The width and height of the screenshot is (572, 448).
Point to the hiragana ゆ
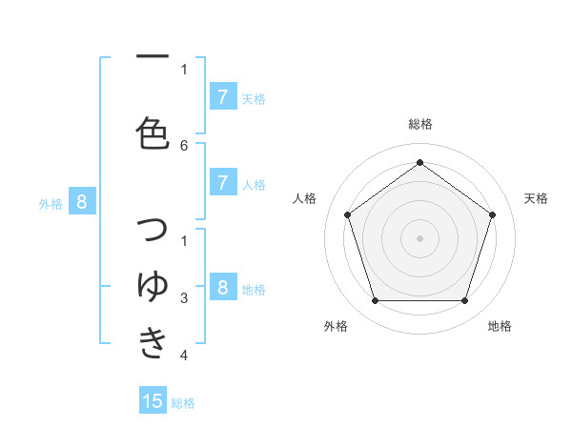pos(153,286)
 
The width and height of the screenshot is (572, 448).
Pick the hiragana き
pos(153,342)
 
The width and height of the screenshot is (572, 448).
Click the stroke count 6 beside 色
pos(184,145)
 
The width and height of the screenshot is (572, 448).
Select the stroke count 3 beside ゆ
pos(184,298)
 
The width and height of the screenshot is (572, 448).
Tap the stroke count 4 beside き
pos(184,356)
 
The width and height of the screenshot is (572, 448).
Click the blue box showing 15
pos(153,401)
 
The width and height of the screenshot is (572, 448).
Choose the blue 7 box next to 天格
pos(222,96)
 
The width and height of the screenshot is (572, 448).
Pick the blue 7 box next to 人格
pos(222,183)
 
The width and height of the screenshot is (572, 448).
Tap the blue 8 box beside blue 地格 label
pos(222,288)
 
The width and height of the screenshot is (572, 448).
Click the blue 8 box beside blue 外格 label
pos(82,201)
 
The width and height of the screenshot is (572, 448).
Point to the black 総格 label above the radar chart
pos(420,124)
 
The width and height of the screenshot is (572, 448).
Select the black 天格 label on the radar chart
pos(536,198)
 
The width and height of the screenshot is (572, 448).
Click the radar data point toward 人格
pos(348,214)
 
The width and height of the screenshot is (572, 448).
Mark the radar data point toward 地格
pos(464,300)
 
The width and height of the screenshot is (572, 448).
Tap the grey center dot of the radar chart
pos(419,237)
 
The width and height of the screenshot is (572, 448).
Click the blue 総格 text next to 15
pos(183,403)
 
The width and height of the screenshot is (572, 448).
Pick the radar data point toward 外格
pos(375,300)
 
